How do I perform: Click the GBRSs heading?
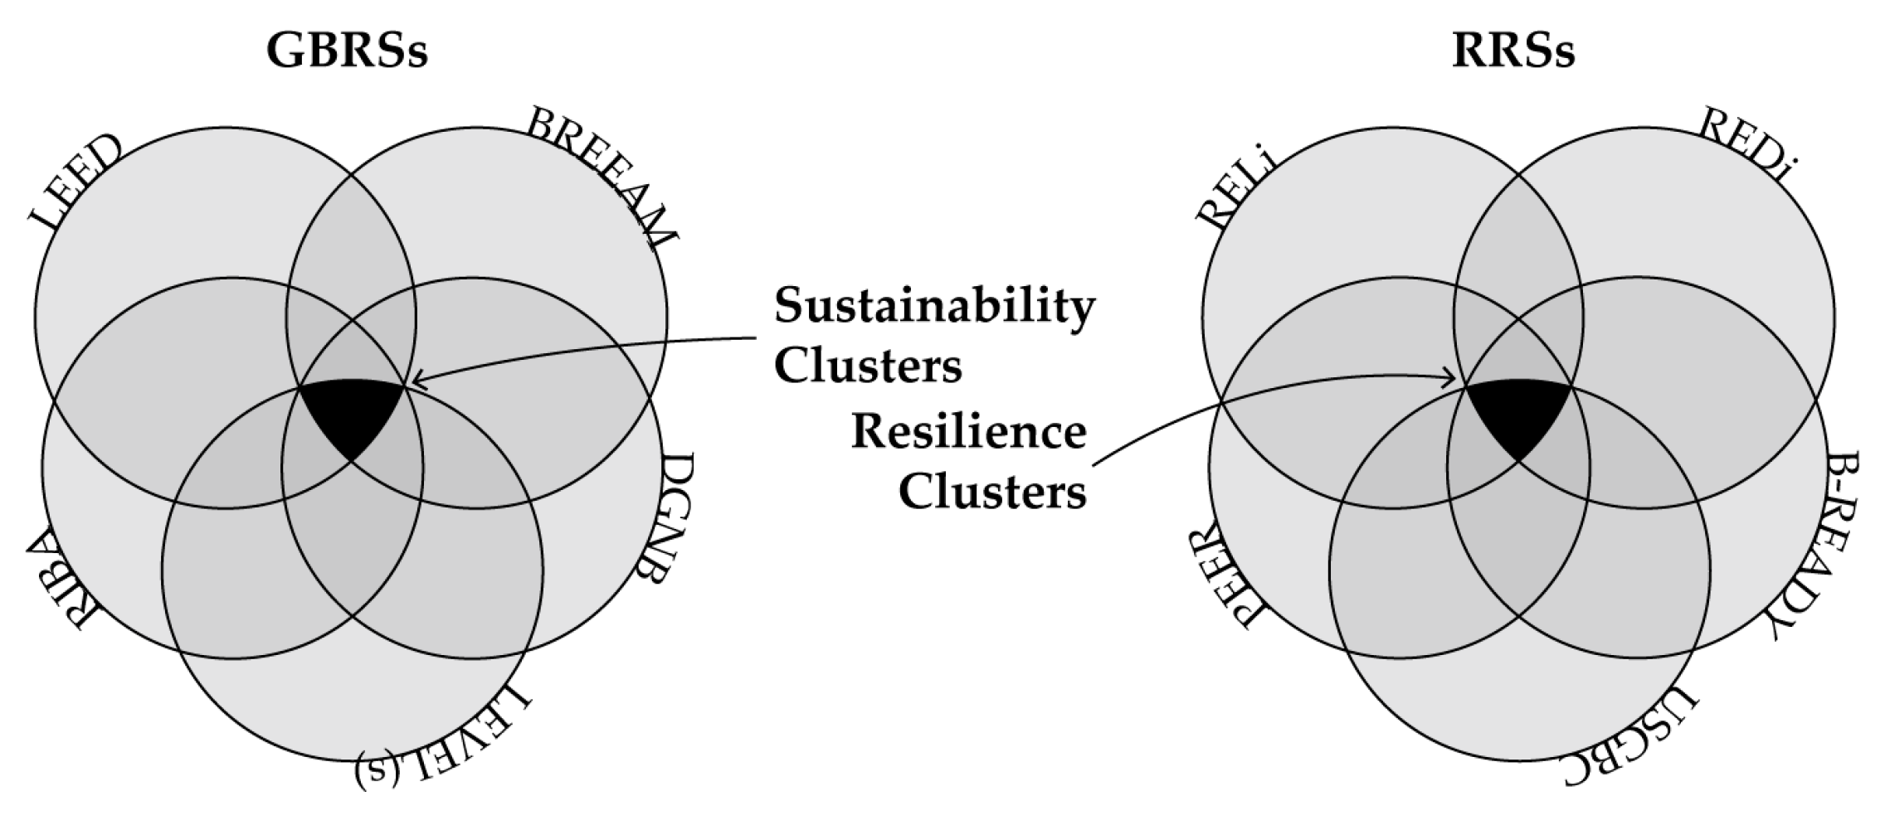click(347, 51)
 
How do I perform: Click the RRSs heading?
click(1512, 51)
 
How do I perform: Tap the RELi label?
click(1234, 191)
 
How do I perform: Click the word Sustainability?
click(934, 305)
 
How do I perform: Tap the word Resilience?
click(968, 432)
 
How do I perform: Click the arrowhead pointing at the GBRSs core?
click(416, 381)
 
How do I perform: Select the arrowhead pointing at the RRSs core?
click(1450, 380)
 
